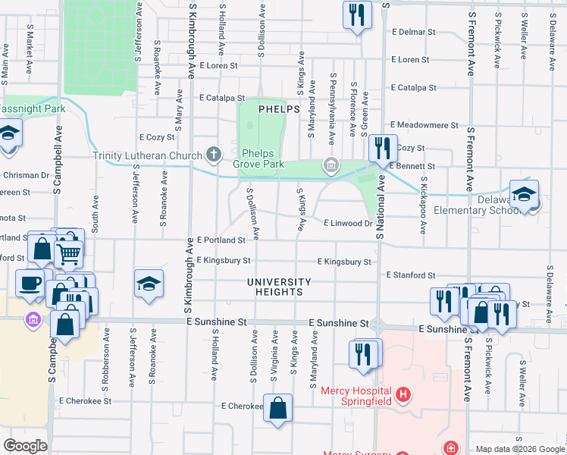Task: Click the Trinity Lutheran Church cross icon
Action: coord(214,155)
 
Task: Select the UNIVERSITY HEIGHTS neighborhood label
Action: coord(279,287)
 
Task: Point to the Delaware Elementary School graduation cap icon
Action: coord(524,195)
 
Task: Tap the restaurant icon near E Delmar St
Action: coord(356,15)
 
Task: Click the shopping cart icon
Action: coord(68,253)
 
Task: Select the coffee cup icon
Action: coord(30,283)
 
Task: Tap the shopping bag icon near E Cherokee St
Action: coord(278,408)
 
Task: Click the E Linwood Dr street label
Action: coord(349,224)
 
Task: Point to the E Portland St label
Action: coord(221,240)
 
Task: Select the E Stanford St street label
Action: coord(411,275)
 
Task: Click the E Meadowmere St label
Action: coord(424,124)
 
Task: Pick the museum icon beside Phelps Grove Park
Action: coord(330,164)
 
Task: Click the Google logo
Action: coord(25,446)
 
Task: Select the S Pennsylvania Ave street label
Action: coord(332,105)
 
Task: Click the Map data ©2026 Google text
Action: coord(519,449)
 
